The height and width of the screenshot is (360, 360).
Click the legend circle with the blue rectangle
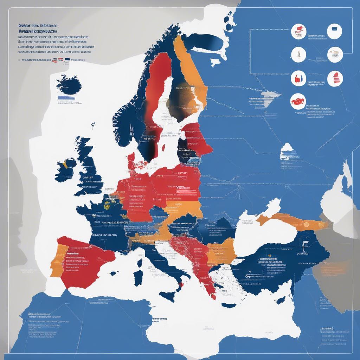[x=334, y=31]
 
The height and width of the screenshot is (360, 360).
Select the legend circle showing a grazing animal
[x=335, y=54]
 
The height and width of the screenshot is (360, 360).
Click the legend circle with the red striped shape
[x=335, y=78]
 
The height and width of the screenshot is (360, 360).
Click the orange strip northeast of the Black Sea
[x=288, y=222]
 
